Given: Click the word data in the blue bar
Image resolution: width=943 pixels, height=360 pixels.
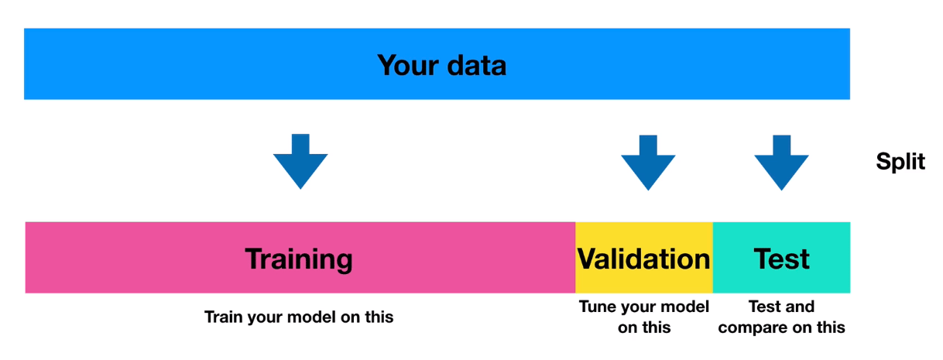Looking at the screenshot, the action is pos(477,66).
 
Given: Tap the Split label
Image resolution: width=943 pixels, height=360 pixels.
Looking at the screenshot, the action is pos(900,162).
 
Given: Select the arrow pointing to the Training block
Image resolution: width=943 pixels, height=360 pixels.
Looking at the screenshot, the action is pos(300,162).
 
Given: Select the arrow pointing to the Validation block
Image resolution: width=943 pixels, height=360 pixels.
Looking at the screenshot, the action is pos(648,163).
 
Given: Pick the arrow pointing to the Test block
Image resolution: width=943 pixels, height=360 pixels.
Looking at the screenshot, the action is pos(781,163).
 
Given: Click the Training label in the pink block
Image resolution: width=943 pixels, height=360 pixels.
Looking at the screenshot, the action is pos(299,259).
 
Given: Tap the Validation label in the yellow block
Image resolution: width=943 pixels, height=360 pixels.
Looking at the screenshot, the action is pos(643,259).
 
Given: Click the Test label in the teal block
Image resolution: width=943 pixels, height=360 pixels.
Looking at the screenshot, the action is pos(781,259).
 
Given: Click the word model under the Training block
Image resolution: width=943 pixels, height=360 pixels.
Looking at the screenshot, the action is pos(312,317).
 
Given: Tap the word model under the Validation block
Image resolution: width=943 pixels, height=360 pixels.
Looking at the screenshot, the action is pos(685,307).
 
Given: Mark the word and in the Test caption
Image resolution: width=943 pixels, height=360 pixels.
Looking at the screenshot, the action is pos(800,307).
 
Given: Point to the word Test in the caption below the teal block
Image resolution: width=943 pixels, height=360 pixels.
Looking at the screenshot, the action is pos(764,307).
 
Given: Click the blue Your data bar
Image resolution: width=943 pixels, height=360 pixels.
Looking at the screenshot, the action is pos(437,64).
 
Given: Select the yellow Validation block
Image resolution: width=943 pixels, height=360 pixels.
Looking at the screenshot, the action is pos(644,258).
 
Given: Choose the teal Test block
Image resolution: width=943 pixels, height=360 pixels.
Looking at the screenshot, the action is pos(782,258).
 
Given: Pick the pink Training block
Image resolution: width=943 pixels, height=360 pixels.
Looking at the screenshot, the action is pos(300,258).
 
